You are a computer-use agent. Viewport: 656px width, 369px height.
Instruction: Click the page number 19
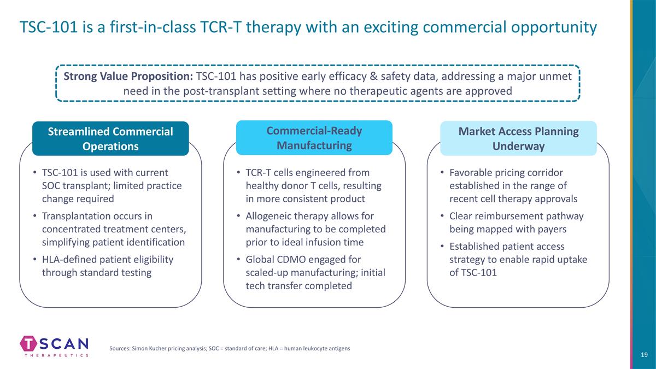click(644, 355)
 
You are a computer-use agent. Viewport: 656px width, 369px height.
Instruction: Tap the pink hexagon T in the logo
click(28, 343)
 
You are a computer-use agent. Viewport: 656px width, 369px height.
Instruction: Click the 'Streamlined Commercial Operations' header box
click(110, 138)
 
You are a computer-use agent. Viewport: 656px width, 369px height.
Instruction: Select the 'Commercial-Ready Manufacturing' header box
click(314, 138)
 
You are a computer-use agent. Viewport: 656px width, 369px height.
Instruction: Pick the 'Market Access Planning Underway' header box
click(518, 138)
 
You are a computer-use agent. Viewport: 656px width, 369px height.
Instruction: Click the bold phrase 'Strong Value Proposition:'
click(128, 76)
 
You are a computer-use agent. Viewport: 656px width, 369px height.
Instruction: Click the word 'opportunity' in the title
click(554, 28)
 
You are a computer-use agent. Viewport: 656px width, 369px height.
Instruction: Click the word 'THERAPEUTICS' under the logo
click(56, 355)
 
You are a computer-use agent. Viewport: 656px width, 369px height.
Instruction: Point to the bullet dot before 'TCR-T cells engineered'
click(239, 173)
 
